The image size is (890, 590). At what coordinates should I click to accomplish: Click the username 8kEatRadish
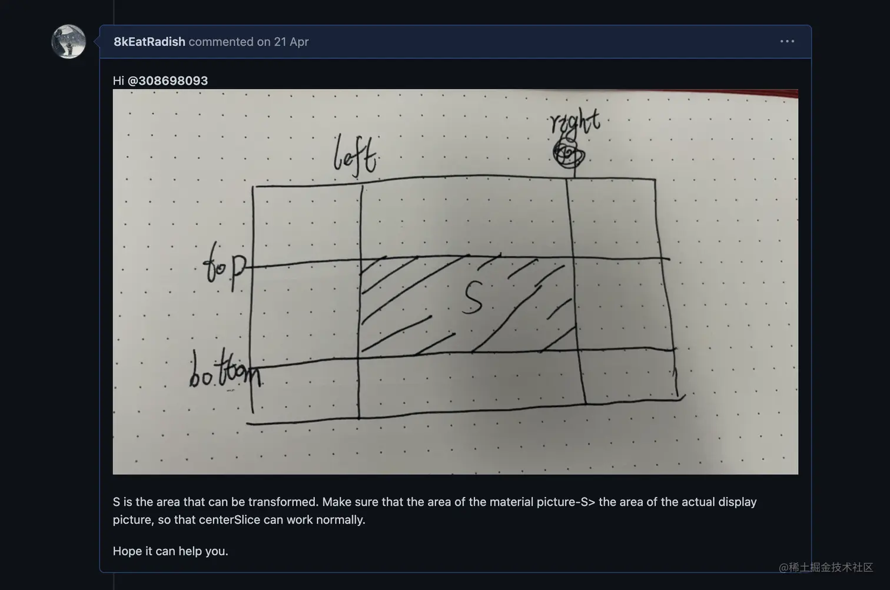149,42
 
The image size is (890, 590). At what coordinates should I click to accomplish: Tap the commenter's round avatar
68,42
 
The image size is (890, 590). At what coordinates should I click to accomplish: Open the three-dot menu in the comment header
787,41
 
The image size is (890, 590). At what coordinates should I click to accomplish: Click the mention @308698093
168,81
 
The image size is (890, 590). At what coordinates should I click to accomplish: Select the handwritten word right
574,122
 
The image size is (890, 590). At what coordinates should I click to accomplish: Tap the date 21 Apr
291,42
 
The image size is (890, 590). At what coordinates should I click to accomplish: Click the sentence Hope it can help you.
170,551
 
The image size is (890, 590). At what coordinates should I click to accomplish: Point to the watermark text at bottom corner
825,567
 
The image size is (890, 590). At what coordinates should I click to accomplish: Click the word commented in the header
221,42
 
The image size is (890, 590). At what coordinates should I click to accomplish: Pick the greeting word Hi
118,81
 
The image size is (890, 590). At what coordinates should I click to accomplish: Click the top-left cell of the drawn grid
307,224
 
